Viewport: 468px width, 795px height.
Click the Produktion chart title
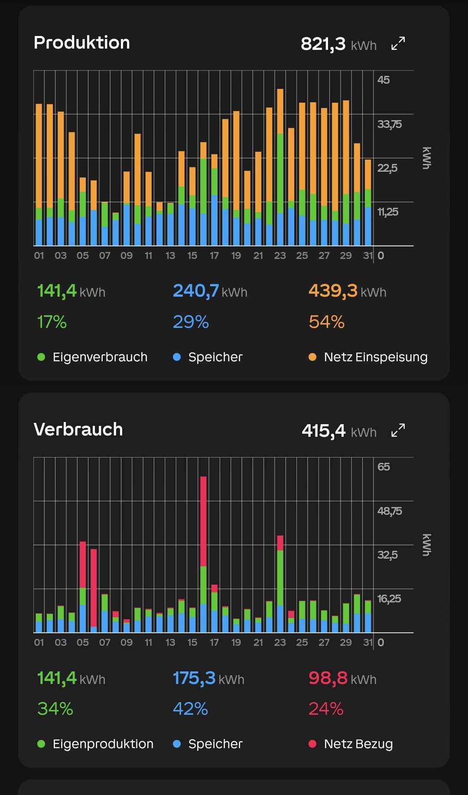[x=82, y=43]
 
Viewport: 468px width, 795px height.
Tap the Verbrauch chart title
[x=78, y=429]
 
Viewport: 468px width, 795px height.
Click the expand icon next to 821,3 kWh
[x=398, y=43]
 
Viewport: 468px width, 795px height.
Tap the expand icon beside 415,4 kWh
[x=398, y=430]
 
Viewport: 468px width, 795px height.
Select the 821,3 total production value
[x=323, y=44]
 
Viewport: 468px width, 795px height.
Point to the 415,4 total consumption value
[x=324, y=431]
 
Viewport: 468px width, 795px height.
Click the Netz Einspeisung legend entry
[x=368, y=357]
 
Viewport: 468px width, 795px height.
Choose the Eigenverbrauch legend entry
[x=92, y=357]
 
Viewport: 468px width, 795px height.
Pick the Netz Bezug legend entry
[x=351, y=744]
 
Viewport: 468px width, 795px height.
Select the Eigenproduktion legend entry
[x=95, y=744]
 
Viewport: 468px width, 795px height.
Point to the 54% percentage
[x=327, y=322]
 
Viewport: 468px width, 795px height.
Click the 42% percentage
[x=190, y=709]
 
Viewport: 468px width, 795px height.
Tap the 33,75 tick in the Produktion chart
[x=390, y=124]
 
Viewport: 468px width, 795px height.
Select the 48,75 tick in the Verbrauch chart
[x=390, y=511]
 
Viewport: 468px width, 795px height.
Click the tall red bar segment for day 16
[x=203, y=521]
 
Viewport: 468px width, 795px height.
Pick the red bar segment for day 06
[x=94, y=588]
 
